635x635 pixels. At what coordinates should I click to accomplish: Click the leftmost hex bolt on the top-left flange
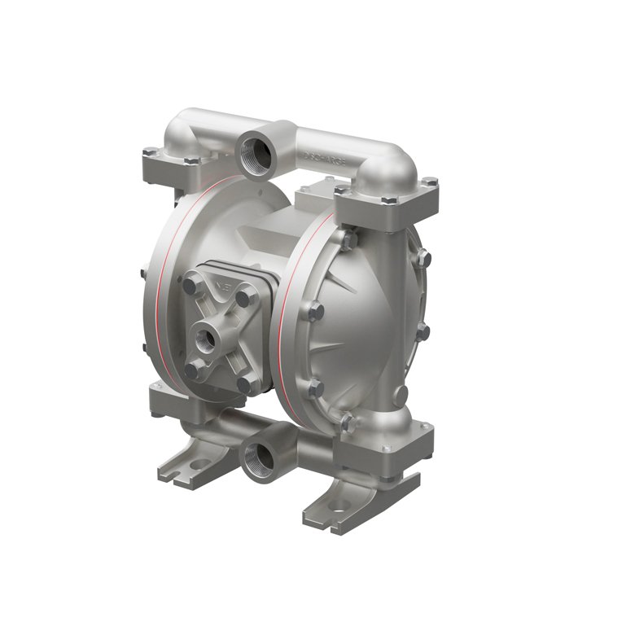click(150, 151)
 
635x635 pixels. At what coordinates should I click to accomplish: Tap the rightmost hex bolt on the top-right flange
click(431, 182)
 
